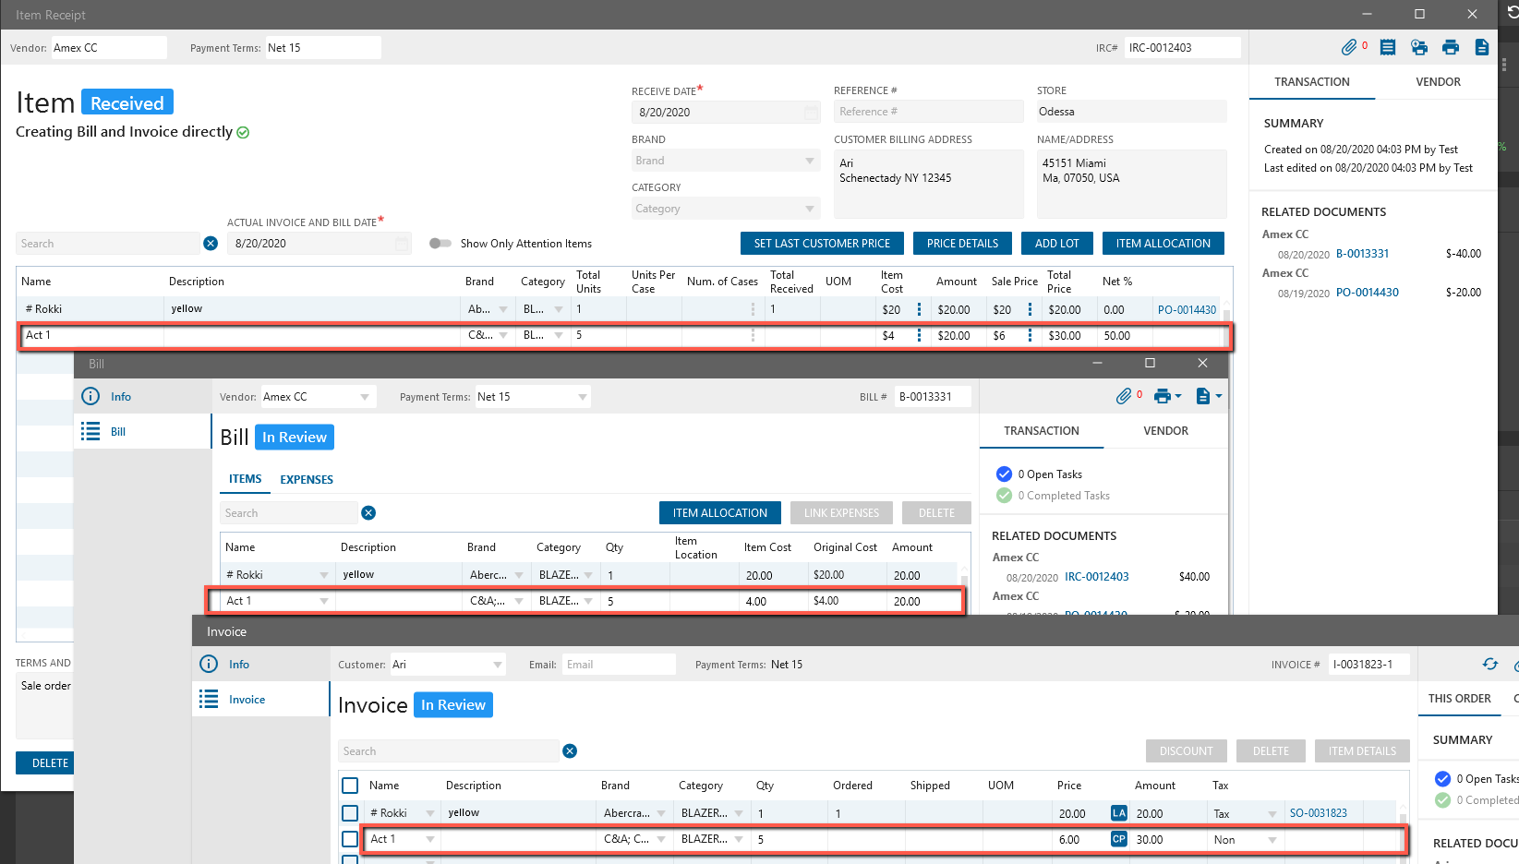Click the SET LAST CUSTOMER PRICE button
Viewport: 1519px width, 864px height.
click(x=822, y=244)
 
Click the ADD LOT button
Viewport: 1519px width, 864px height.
click(x=1056, y=244)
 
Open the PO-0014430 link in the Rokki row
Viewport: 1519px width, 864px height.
click(x=1187, y=310)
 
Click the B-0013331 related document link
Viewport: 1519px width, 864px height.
click(x=1362, y=254)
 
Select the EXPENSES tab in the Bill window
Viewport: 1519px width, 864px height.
click(x=307, y=480)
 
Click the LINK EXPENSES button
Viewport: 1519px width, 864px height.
click(x=841, y=513)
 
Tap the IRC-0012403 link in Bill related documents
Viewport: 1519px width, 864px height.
click(x=1096, y=577)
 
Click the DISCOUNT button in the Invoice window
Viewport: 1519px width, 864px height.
click(x=1186, y=751)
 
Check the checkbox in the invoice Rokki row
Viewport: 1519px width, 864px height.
click(x=350, y=813)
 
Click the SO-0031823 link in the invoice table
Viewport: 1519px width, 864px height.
click(x=1318, y=813)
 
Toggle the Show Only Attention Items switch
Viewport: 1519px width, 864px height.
click(x=440, y=244)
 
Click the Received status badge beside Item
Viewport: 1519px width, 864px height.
click(x=127, y=102)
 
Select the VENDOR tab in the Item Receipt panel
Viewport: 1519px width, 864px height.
click(x=1438, y=82)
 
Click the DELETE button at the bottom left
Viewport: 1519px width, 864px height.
click(x=50, y=763)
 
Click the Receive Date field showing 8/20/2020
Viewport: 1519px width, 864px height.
click(x=720, y=113)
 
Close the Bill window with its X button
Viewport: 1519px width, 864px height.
click(x=1202, y=364)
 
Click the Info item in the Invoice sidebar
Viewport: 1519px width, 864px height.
click(x=238, y=665)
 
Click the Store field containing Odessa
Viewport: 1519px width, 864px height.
click(x=1130, y=112)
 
